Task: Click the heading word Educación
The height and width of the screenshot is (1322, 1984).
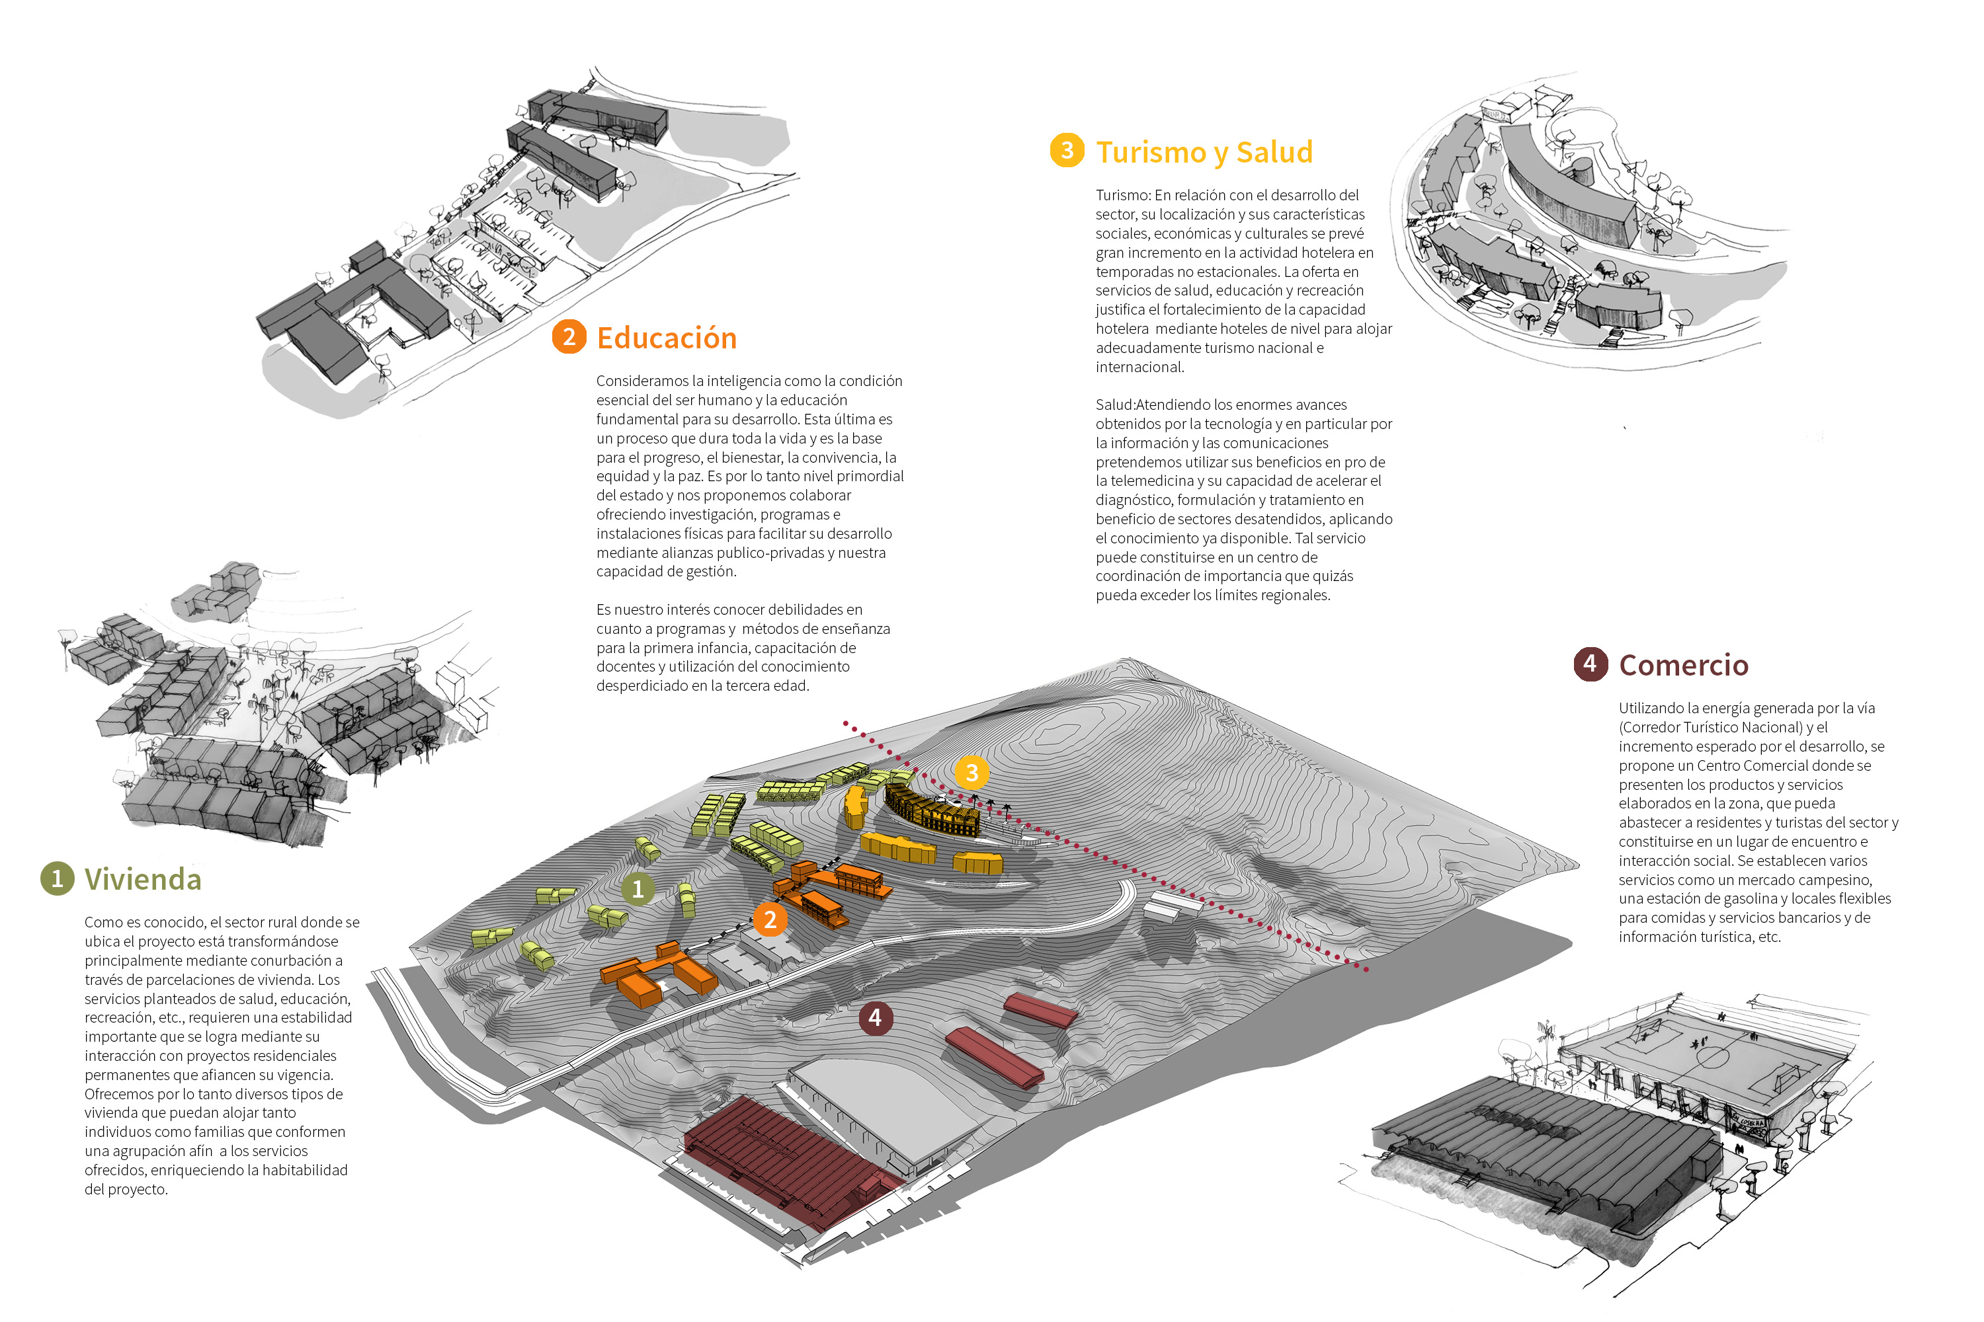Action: click(667, 338)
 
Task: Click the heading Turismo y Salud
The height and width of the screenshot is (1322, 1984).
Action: click(1204, 153)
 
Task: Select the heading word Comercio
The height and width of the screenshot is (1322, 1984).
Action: click(1683, 665)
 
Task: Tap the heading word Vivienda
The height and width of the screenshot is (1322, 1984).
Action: click(143, 879)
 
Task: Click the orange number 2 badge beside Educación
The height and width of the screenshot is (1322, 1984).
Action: click(569, 337)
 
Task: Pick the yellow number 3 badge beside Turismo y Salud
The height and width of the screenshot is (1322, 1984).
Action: click(1067, 151)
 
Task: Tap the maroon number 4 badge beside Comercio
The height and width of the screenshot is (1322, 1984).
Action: click(1590, 664)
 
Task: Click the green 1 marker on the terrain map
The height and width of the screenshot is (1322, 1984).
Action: click(638, 888)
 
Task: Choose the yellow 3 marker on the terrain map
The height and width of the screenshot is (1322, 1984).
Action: click(971, 772)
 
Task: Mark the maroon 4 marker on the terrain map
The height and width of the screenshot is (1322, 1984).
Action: click(875, 1018)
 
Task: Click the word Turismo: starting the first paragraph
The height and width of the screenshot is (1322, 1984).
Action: click(1122, 196)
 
